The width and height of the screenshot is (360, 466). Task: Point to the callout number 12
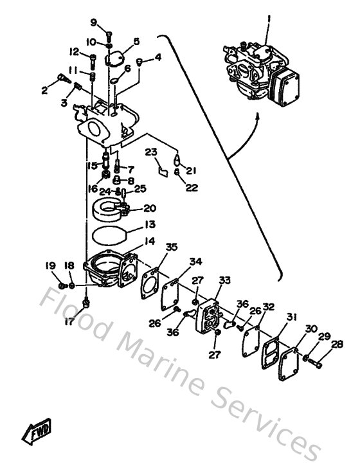coord(74,51)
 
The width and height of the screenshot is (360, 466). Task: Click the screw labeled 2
coord(62,79)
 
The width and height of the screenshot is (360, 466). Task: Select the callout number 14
coord(150,241)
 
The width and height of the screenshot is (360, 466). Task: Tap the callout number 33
coord(224,280)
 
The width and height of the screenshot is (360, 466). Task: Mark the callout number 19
coord(50,266)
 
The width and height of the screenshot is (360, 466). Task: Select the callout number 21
coord(190,171)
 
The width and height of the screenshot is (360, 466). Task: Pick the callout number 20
coord(149,208)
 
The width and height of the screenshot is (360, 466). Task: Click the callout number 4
coord(158,57)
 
